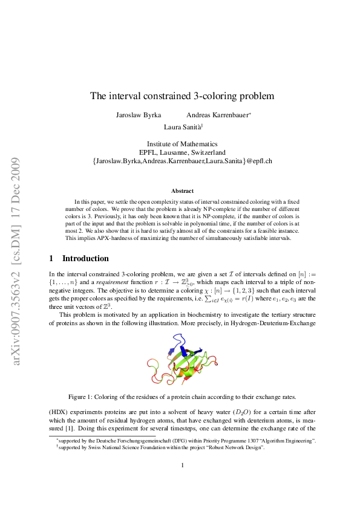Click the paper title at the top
coord(182,96)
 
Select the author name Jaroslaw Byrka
coord(138,115)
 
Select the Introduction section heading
coord(85,259)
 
